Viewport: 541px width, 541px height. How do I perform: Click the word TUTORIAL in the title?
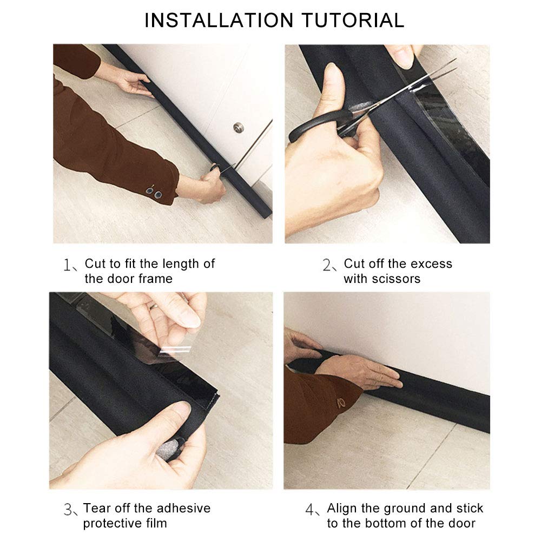pyautogui.click(x=353, y=21)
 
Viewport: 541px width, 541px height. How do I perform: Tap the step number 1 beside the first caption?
pyautogui.click(x=68, y=265)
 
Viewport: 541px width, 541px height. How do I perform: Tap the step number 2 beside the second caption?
pyautogui.click(x=327, y=265)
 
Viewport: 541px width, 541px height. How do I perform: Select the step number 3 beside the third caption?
pyautogui.click(x=68, y=510)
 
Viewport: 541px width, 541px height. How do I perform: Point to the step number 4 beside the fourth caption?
pyautogui.click(x=309, y=510)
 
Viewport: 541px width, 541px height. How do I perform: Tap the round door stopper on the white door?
pyautogui.click(x=238, y=128)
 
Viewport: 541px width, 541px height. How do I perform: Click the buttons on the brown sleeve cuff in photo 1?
pyautogui.click(x=154, y=193)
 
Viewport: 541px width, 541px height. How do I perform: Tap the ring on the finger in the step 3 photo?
pyautogui.click(x=154, y=306)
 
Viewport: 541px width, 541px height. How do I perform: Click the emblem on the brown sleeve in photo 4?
pyautogui.click(x=341, y=403)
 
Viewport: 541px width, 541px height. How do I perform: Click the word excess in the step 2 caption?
pyautogui.click(x=431, y=263)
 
